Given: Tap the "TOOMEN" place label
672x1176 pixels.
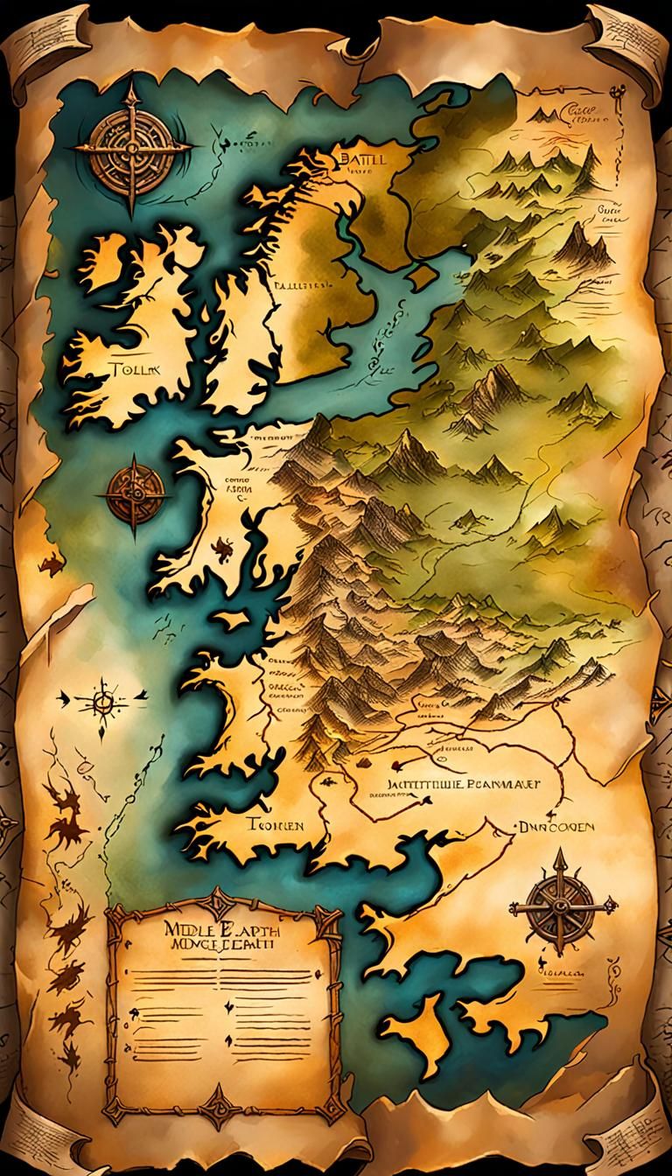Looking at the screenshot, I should [274, 825].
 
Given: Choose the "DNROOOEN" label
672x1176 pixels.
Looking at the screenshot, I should [556, 825].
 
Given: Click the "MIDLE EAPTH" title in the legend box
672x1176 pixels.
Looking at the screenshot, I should [219, 929].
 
